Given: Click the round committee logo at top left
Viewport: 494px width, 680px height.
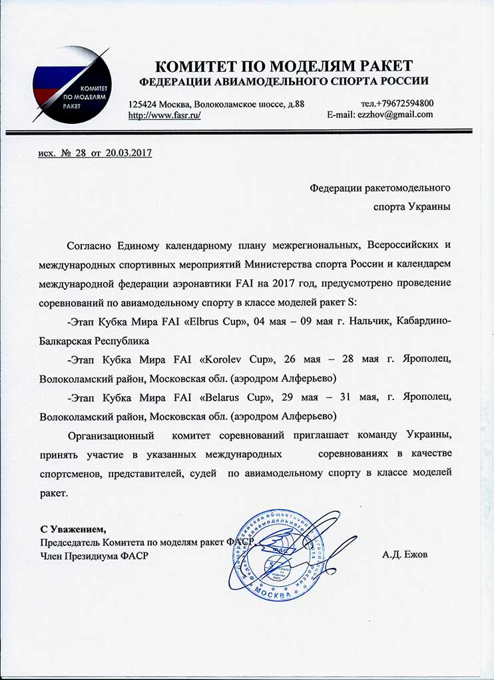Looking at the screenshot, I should tap(67, 83).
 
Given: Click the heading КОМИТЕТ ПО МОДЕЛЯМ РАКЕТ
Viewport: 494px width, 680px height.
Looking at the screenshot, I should tap(284, 66).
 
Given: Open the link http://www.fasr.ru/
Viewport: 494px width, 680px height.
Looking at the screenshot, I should tap(164, 115).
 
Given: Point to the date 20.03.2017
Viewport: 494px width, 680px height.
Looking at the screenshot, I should tap(128, 153).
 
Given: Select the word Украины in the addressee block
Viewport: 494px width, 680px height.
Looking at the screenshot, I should tap(427, 207).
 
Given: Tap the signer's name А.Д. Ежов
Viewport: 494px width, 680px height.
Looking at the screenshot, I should tap(405, 555).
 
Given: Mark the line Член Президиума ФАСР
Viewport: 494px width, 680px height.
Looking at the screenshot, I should tap(94, 555).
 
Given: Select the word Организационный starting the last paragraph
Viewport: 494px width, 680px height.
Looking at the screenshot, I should tap(115, 435).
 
